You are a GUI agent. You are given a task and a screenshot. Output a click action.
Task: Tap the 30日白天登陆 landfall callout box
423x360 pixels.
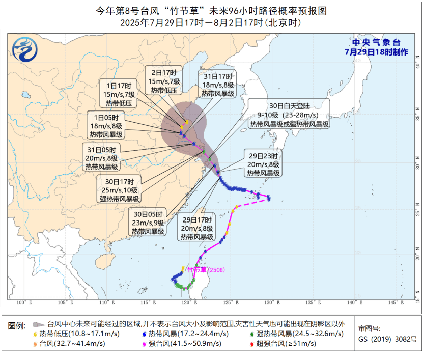pyautogui.click(x=289, y=115)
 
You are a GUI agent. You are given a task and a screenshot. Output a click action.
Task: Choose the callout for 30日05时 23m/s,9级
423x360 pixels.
pyautogui.click(x=148, y=223)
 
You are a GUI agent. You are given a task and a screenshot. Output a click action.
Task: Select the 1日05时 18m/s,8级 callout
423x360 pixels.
pyautogui.click(x=106, y=125)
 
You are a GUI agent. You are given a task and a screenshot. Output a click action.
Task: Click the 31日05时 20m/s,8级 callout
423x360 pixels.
pyautogui.click(x=101, y=158)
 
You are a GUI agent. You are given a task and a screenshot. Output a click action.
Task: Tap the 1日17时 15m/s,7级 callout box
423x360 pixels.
pyautogui.click(x=118, y=94)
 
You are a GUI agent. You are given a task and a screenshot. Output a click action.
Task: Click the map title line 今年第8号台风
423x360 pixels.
pyautogui.click(x=211, y=11)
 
